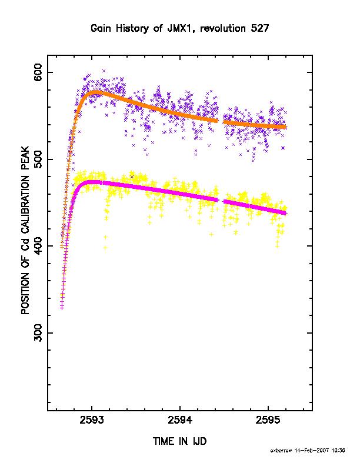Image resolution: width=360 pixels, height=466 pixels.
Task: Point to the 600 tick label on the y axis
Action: click(38, 72)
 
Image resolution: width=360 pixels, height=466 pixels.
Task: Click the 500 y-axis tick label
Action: click(38, 159)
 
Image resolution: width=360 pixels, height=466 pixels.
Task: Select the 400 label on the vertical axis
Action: click(38, 246)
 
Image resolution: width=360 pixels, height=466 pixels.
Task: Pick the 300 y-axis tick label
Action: click(38, 332)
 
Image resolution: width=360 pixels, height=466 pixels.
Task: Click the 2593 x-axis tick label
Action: click(92, 420)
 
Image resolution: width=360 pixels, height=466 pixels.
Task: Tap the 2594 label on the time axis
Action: click(180, 420)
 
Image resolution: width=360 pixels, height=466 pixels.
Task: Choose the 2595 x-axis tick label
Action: click(268, 420)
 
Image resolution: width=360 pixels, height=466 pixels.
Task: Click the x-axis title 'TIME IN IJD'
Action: click(179, 441)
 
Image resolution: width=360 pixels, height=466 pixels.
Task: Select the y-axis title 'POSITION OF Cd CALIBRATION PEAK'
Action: click(25, 230)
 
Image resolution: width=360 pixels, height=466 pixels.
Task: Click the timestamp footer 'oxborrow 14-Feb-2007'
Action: click(299, 450)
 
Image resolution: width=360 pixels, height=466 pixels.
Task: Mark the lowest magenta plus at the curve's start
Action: click(62, 308)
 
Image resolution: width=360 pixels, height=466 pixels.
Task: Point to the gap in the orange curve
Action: click(221, 122)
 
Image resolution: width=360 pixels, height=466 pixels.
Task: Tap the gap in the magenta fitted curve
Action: click(221, 201)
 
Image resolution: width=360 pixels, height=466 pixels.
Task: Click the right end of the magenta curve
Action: click(285, 213)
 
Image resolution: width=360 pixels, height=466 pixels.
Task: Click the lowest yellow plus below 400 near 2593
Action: click(105, 247)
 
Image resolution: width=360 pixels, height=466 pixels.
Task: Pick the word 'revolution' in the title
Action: click(222, 28)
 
